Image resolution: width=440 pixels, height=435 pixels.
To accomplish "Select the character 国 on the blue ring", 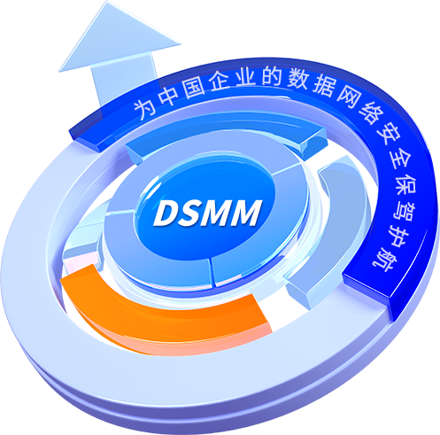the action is pos(193,86).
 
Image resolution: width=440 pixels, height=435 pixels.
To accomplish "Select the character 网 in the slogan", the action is pos(348,98).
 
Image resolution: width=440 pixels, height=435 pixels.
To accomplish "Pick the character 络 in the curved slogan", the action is pos(369,113).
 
